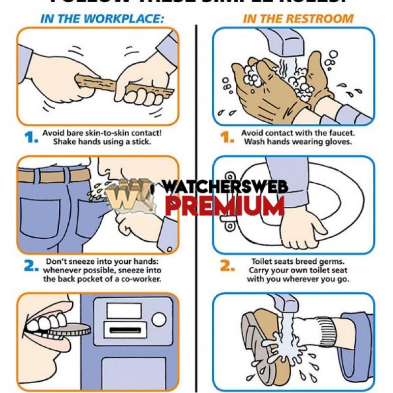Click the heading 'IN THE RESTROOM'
point(298,19)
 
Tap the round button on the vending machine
point(159,320)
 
